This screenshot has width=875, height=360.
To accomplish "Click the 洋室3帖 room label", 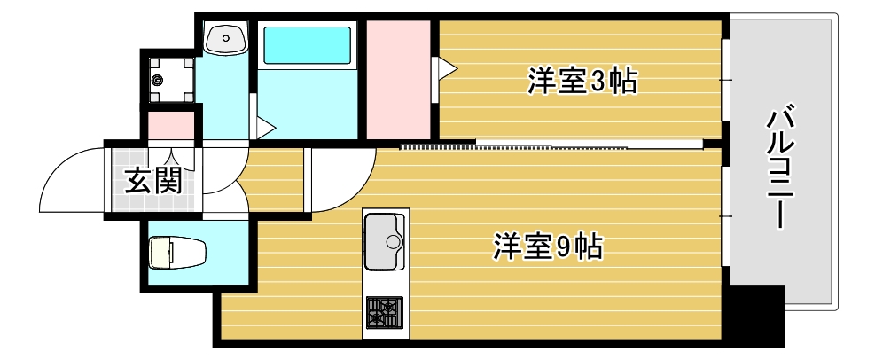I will click(582, 82).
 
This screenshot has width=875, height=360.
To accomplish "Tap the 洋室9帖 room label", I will click(548, 246).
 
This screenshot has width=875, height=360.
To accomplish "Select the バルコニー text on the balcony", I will click(779, 168).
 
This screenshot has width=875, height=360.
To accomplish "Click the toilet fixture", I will click(176, 252).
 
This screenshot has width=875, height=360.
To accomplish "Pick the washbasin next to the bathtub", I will click(227, 38).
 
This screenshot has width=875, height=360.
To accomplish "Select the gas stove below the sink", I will click(383, 312).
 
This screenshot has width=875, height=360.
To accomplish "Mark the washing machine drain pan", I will click(168, 80).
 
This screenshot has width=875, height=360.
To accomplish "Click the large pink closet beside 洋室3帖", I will click(397, 80).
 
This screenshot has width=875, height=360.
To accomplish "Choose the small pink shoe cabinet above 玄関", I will click(170, 125).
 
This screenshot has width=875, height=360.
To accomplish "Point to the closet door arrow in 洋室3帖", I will click(444, 67).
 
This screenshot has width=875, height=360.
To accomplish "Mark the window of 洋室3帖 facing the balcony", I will click(724, 80).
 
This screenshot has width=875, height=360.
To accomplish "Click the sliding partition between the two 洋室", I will click(550, 144).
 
